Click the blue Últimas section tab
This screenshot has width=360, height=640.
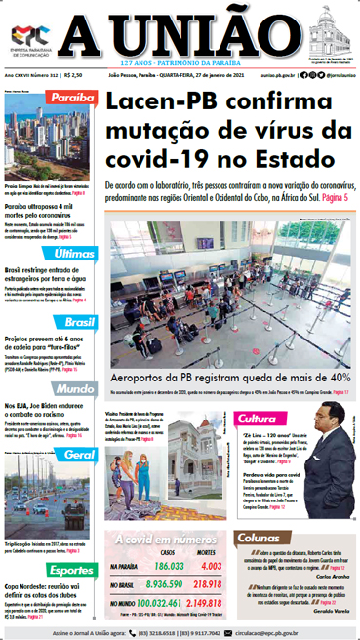point(76,253)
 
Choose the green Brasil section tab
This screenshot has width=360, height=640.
point(75,321)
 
